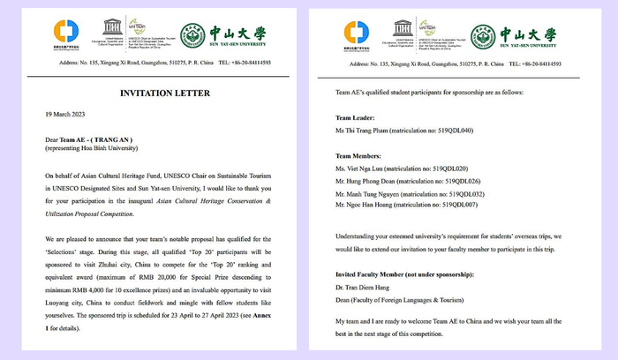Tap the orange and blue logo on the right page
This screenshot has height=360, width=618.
tap(357, 34)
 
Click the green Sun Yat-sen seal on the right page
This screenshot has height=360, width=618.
tap(482, 35)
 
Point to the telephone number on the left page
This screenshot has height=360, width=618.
tap(245, 64)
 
